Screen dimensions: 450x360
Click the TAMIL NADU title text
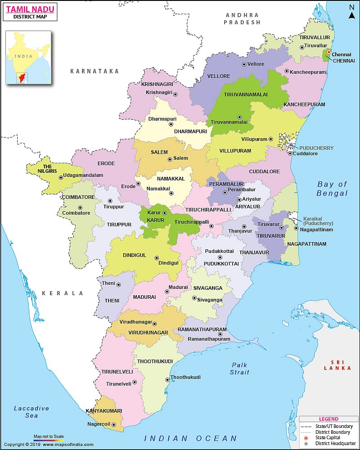click(30, 8)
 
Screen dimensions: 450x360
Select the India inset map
click(28, 57)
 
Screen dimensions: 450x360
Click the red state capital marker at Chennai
click(329, 52)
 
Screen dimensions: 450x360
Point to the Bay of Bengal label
click(332, 189)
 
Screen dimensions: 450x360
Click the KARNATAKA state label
click(94, 71)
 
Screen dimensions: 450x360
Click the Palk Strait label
click(240, 368)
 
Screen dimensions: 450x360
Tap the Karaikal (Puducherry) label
click(318, 220)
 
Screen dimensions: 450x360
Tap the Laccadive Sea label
click(31, 412)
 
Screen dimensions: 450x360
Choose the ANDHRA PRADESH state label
click(243, 18)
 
